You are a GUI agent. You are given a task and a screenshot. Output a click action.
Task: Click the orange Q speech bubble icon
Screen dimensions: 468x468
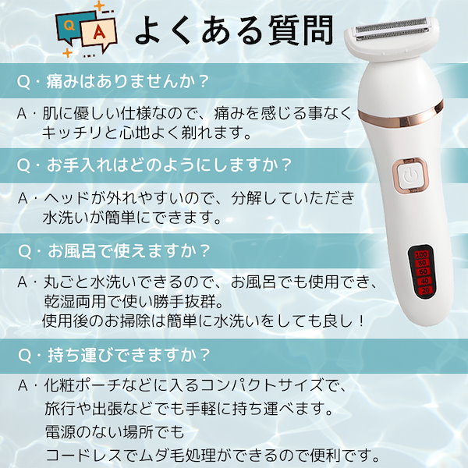69,26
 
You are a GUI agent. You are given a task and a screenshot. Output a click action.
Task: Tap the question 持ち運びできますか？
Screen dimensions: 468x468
114,353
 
